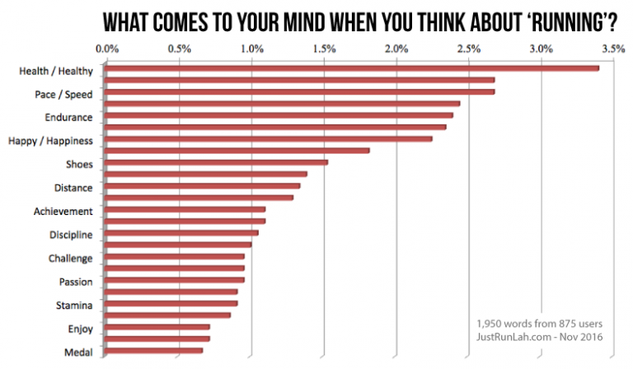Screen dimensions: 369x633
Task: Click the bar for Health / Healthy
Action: (353, 68)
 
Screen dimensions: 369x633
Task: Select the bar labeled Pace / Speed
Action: (301, 91)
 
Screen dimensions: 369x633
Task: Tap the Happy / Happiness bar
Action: (270, 138)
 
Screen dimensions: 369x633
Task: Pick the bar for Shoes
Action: (218, 162)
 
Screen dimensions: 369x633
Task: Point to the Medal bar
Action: (155, 350)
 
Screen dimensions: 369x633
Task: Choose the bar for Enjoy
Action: (158, 327)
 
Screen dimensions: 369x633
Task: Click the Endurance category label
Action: (68, 118)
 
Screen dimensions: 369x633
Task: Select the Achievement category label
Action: (63, 212)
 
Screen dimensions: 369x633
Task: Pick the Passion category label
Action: (76, 283)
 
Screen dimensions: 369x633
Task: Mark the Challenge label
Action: (71, 259)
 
